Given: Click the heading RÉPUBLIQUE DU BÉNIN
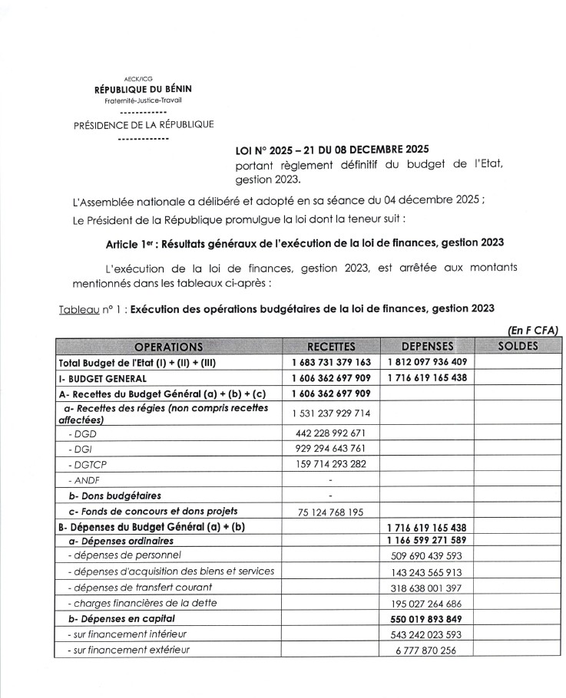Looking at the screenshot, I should click(143, 89).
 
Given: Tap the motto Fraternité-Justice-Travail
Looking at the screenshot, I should click(143, 100).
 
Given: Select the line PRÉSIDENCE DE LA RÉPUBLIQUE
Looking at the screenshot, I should click(144, 125).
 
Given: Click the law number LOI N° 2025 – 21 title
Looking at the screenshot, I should click(332, 149).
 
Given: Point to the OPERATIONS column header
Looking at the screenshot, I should click(168, 347).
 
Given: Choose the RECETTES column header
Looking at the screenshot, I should click(330, 347).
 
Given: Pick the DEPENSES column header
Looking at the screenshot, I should click(426, 347).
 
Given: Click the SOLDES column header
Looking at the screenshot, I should click(518, 347).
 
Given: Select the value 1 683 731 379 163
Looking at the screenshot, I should click(331, 362).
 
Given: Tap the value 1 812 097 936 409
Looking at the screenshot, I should click(426, 362).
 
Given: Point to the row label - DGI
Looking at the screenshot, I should click(79, 448).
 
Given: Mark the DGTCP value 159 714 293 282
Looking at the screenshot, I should click(331, 463).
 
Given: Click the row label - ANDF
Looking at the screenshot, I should click(81, 479).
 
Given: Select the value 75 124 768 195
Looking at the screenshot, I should click(331, 512).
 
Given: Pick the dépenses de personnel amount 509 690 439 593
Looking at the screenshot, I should click(426, 556).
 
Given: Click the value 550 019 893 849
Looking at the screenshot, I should click(426, 618).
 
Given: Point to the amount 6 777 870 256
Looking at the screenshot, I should click(426, 650).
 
